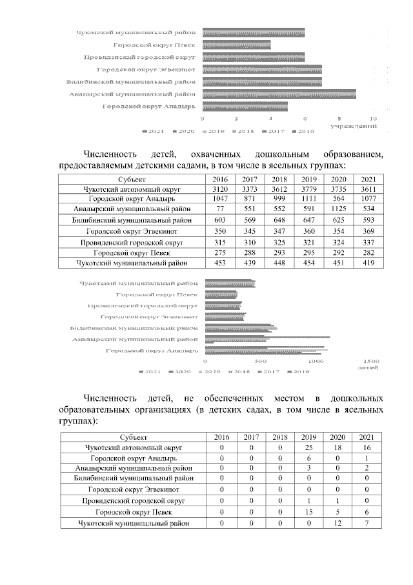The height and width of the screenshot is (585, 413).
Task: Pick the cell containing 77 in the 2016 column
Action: pos(220,209)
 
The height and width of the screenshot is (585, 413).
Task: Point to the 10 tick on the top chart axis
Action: pos(373,119)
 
